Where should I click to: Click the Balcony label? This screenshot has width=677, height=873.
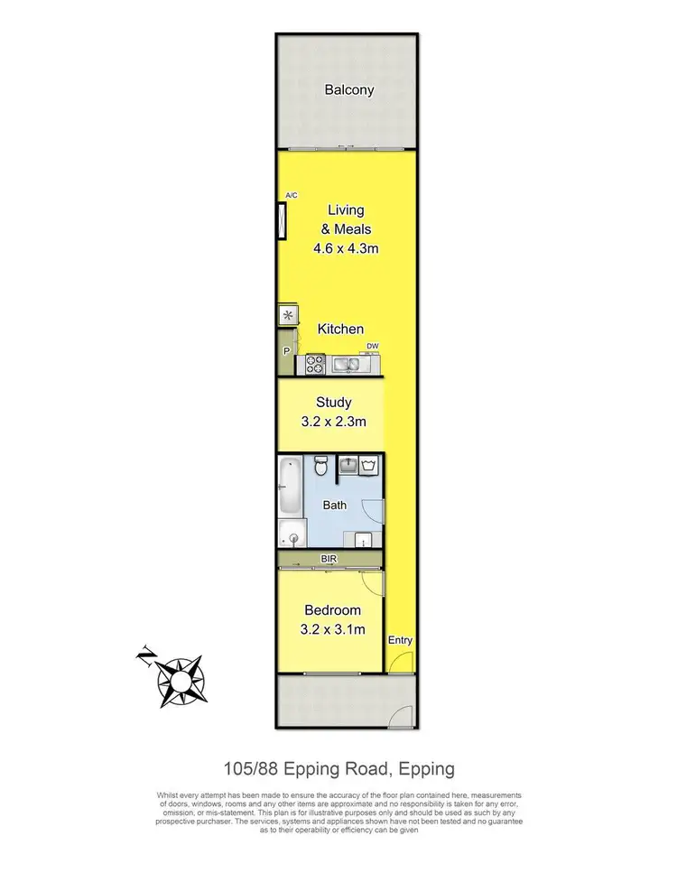348,90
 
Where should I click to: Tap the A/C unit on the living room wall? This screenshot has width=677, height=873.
282,221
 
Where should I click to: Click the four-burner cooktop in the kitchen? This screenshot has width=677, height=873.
316,364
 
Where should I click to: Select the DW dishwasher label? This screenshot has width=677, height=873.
372,346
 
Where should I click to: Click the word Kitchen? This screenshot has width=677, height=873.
340,330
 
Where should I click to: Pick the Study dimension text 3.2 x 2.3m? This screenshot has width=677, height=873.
333,422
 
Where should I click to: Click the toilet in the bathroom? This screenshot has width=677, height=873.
320,469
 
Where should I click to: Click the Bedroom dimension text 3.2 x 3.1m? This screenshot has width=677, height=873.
334,629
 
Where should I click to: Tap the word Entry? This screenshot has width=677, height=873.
400,641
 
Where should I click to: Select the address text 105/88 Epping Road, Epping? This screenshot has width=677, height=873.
338,770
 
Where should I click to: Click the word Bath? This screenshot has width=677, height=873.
335,506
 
